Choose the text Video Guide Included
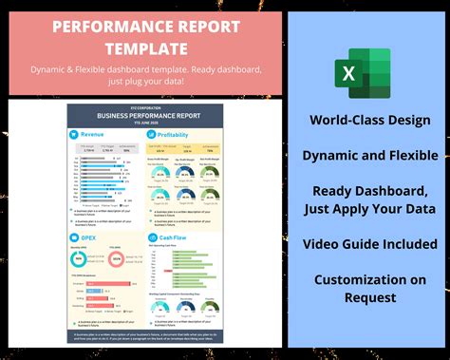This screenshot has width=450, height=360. click(x=363, y=244)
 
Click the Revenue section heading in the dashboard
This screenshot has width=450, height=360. click(x=94, y=135)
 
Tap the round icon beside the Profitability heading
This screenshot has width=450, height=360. click(x=152, y=135)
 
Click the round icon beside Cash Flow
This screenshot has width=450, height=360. click(x=152, y=237)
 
